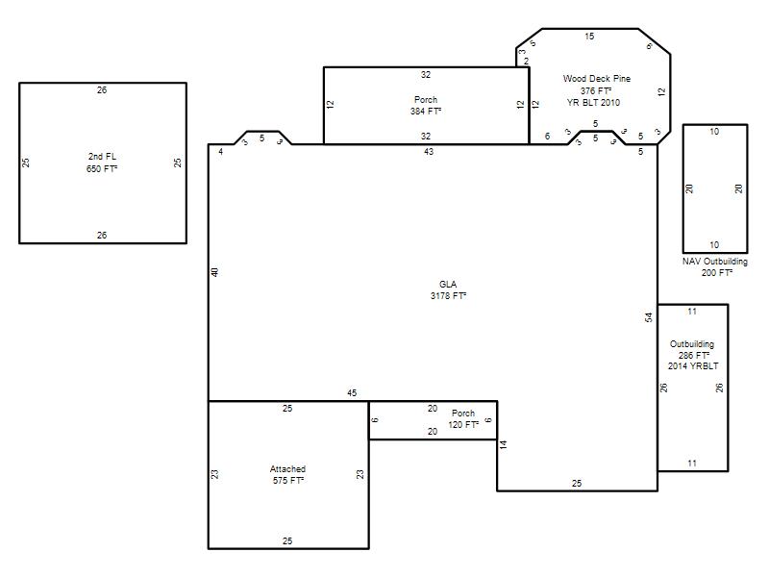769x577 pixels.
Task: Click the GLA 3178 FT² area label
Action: (448, 290)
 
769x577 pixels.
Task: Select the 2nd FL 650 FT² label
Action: (102, 163)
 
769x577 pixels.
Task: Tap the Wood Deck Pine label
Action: (596, 79)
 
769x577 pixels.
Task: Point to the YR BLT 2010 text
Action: (593, 103)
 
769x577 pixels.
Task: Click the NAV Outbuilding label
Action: (714, 262)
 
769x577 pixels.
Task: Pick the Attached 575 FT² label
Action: (287, 475)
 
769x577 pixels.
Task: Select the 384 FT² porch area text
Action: (426, 112)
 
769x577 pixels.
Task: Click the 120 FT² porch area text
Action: (463, 425)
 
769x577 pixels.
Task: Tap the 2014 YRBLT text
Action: (693, 366)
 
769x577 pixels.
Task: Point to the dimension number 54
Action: (649, 317)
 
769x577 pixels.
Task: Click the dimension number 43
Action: (429, 152)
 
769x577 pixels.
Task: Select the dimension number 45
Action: (352, 393)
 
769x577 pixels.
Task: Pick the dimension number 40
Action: (214, 272)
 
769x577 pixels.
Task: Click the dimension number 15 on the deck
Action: (589, 37)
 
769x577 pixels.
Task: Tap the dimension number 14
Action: (503, 444)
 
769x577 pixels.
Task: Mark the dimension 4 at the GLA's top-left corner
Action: (221, 152)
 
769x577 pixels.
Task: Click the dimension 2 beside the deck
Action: (526, 62)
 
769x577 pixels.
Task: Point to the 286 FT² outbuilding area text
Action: (694, 355)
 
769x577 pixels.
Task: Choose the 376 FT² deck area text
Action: (596, 90)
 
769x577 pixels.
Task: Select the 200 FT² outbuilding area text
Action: (716, 273)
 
